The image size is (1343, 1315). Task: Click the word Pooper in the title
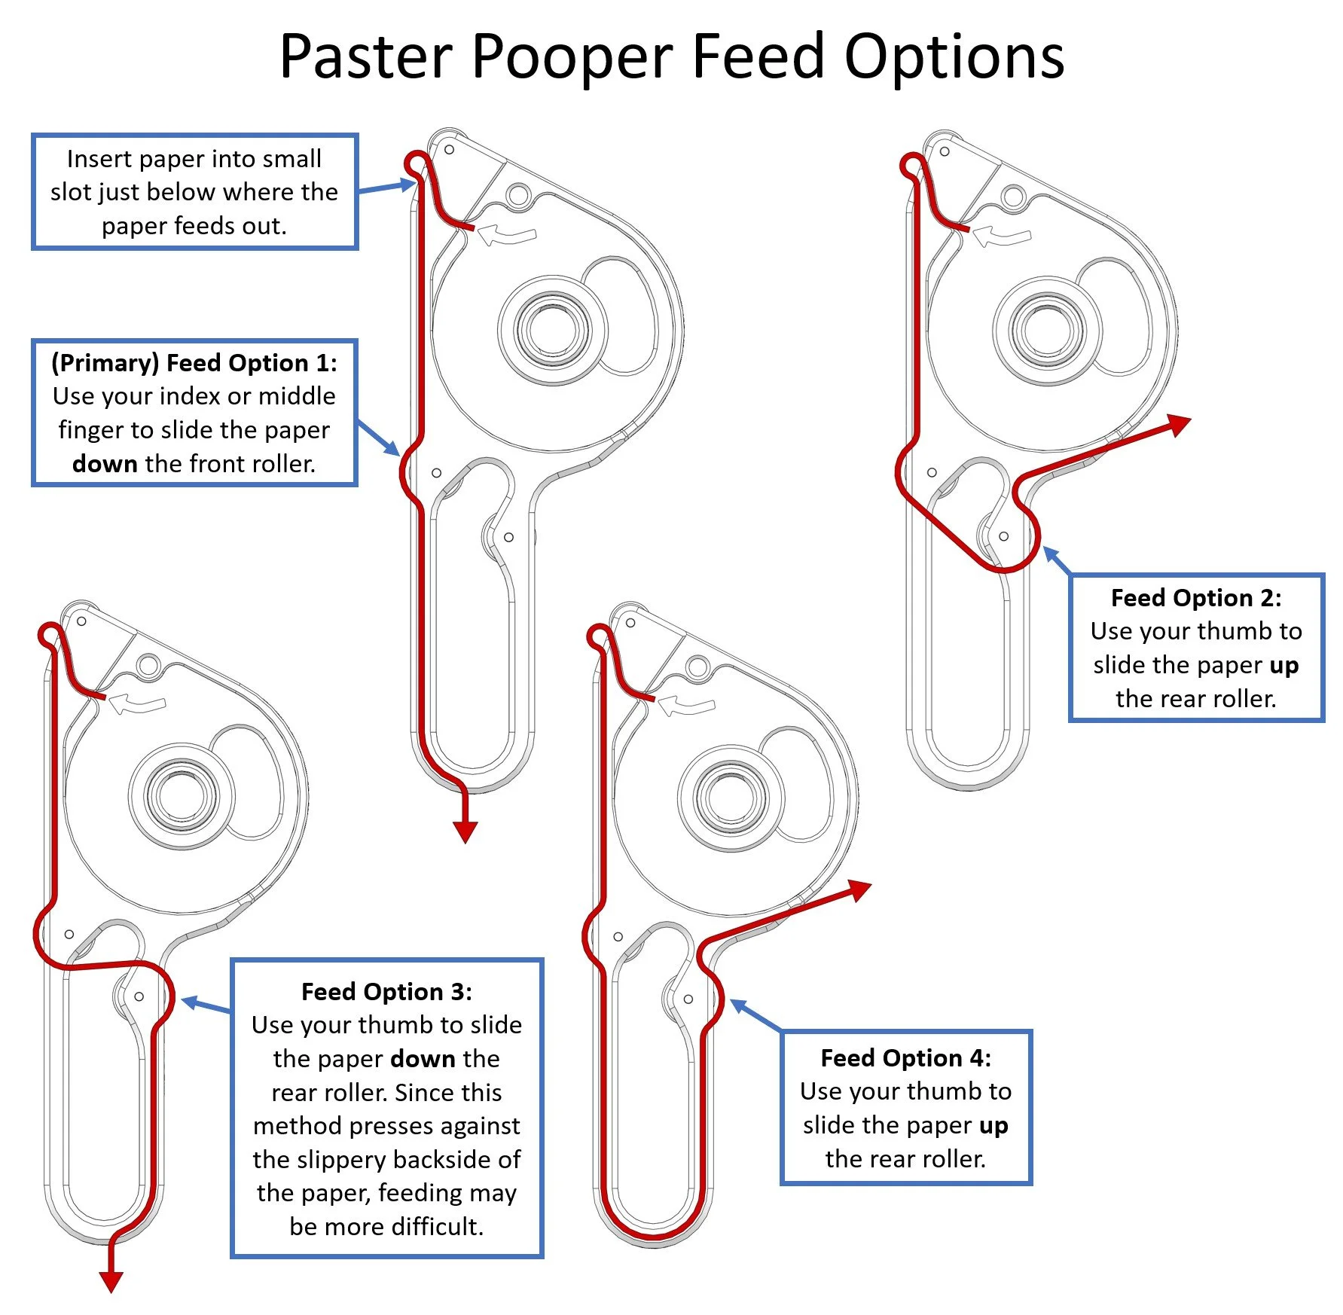[572, 57]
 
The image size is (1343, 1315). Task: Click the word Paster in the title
[366, 57]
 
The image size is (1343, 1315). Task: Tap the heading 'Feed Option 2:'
[1195, 598]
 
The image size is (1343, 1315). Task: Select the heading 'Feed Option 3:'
[386, 992]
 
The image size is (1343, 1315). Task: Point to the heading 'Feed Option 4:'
[905, 1058]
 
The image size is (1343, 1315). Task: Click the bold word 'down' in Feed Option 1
[105, 464]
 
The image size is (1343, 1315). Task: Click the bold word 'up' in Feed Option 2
[1283, 666]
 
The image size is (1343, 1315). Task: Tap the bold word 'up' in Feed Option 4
[993, 1126]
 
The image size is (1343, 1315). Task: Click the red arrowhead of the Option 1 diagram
[465, 831]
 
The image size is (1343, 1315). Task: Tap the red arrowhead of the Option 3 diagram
[111, 1281]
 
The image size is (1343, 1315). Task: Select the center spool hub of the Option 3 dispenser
[182, 796]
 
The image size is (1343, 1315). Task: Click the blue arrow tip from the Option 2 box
[1046, 551]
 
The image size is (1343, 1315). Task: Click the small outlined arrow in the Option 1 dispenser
[506, 233]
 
